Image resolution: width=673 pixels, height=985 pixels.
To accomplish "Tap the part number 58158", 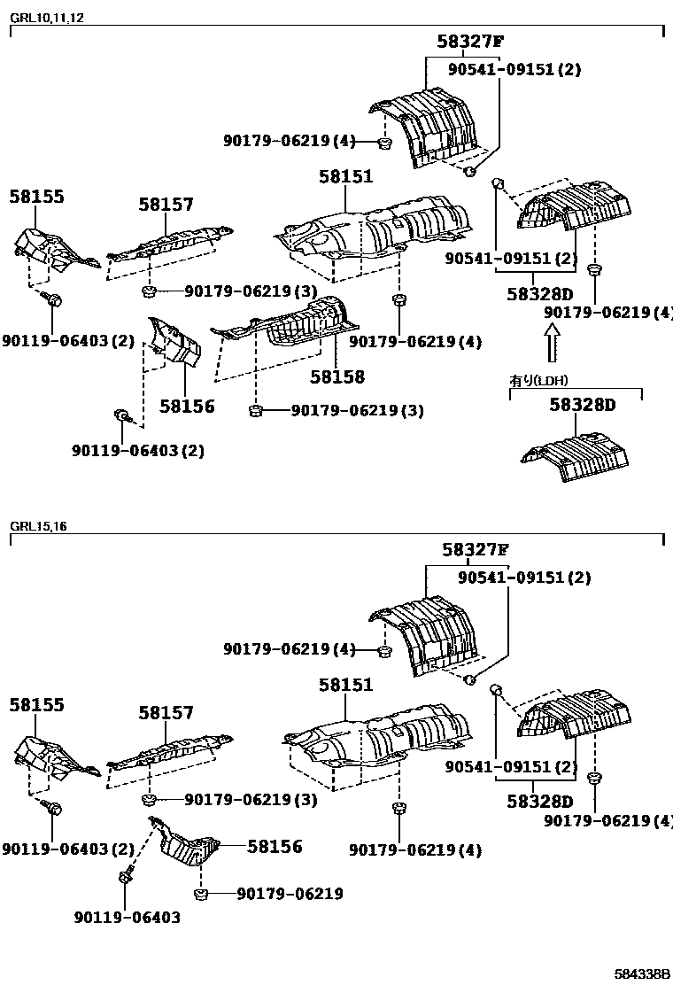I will tap(337, 377).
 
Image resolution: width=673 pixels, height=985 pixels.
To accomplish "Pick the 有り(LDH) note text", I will tap(538, 381).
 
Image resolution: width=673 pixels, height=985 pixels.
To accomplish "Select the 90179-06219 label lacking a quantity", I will tap(290, 894).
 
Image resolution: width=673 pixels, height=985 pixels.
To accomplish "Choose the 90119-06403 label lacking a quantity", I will tap(127, 918).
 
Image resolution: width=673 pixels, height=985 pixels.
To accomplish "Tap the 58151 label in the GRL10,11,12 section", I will tap(346, 177).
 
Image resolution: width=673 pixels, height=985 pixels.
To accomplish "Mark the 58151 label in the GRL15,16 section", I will tap(346, 685).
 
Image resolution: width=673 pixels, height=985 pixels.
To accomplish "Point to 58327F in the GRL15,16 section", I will tap(475, 549).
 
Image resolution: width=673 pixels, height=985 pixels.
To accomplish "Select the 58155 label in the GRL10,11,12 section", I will tap(37, 198).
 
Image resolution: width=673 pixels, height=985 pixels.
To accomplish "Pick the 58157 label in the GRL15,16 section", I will tap(166, 713).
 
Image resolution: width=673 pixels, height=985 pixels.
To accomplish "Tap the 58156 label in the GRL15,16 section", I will tap(275, 847).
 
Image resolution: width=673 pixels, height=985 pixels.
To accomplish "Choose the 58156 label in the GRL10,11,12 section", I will tap(187, 407).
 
